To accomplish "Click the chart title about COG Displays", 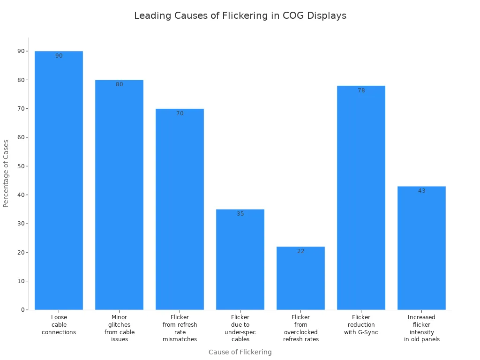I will tap(240, 15).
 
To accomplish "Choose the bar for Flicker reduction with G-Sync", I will tap(361, 197).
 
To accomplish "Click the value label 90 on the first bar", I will tap(59, 56).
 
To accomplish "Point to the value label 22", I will tap(300, 251).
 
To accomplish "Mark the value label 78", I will tap(361, 90).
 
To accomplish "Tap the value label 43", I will tap(421, 191).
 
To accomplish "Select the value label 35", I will tap(240, 214).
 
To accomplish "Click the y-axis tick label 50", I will tap(21, 166).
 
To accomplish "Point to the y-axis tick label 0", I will tap(22, 310).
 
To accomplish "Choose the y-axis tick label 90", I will tap(21, 51).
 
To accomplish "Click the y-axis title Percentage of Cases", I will tap(6, 173).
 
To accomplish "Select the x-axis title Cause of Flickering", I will tap(240, 352).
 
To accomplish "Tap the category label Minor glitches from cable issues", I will tap(119, 328).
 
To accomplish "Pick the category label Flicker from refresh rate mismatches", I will tap(180, 328).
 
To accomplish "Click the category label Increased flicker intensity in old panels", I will tap(421, 328).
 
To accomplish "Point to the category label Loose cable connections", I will tap(59, 325).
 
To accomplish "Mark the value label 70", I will tap(180, 113).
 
